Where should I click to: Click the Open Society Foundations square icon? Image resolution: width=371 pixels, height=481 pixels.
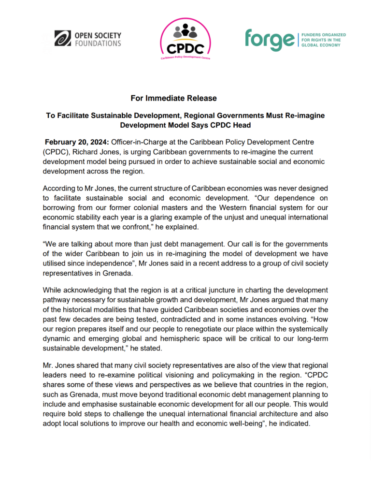63,39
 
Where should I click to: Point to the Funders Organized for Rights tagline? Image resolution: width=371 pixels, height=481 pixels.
321,40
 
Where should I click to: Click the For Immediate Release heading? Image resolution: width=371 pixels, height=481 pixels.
173,98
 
